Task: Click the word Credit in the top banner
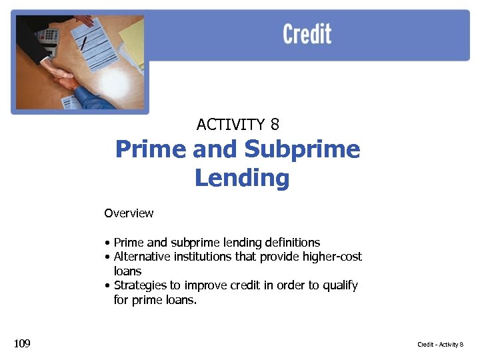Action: (307, 33)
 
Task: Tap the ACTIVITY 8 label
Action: (238, 124)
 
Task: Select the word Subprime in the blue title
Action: (302, 149)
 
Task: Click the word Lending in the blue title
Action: (242, 178)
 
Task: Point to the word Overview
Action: (129, 213)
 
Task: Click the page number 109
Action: (22, 343)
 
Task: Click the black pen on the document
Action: (83, 43)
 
